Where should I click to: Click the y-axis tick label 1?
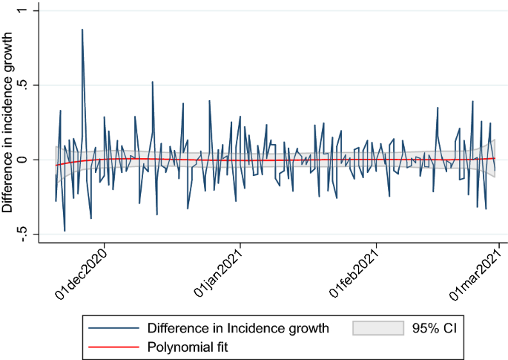click(x=22, y=11)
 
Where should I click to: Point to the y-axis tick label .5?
click(x=22, y=85)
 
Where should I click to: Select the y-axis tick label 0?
click(x=22, y=159)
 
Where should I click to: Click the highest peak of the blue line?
click(x=82, y=30)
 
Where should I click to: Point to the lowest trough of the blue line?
click(x=65, y=231)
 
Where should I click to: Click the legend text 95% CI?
click(x=438, y=327)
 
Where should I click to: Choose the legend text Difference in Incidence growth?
click(x=237, y=327)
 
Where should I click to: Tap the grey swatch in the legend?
click(x=377, y=327)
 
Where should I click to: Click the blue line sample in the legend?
click(x=113, y=327)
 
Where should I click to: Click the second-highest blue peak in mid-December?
click(x=152, y=82)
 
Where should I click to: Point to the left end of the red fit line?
click(x=56, y=165)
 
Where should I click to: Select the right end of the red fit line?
click(x=495, y=158)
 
